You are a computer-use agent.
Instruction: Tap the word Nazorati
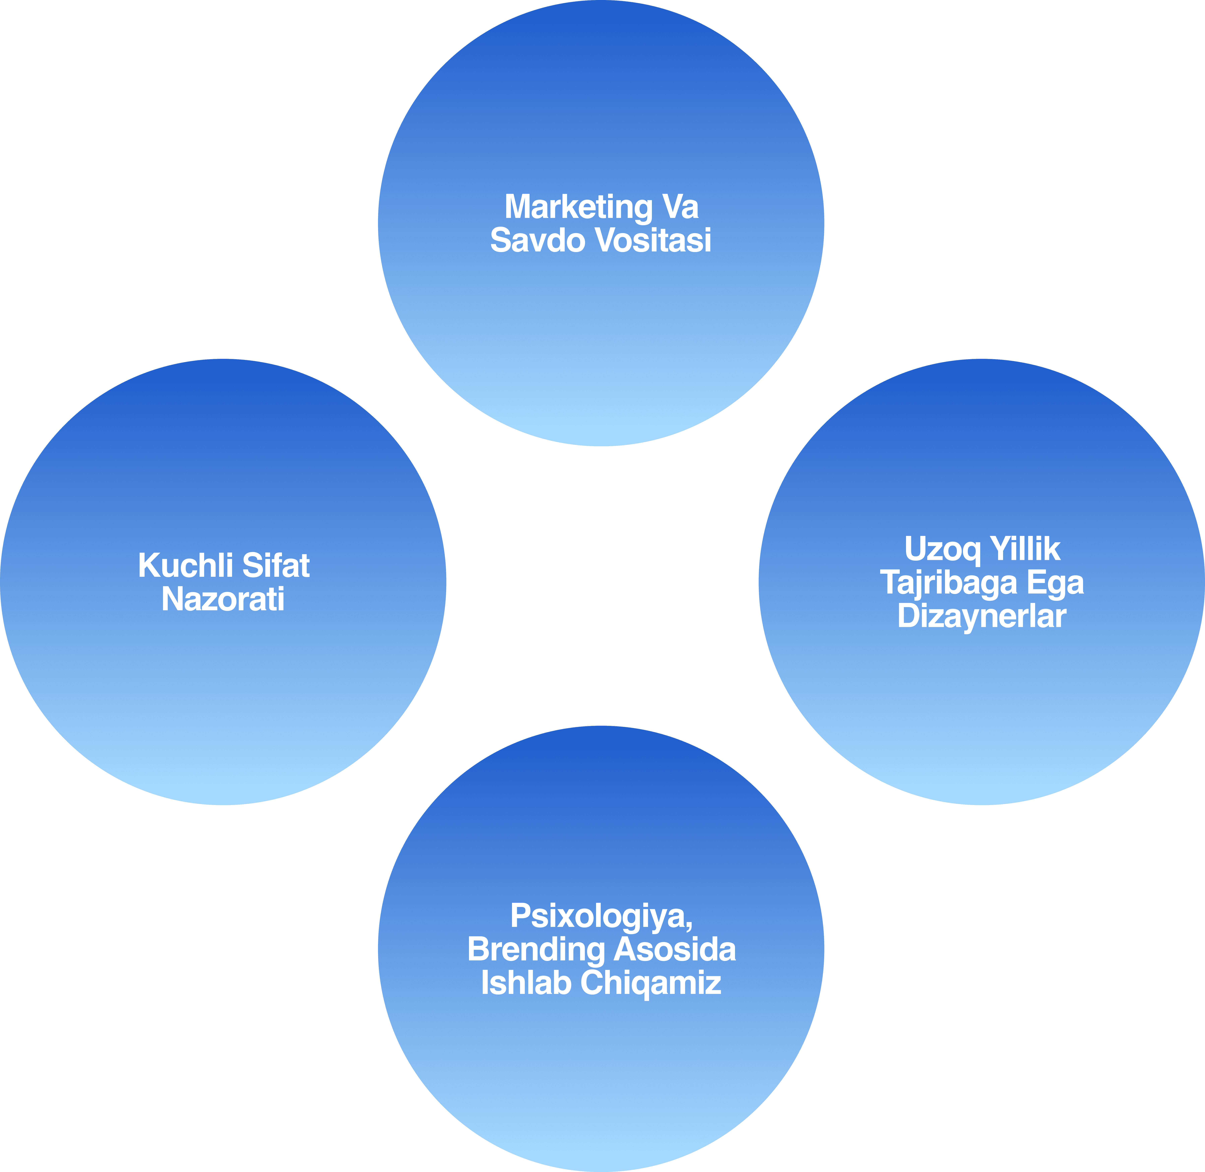pos(223,599)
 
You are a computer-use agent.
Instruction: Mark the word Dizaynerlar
pos(981,615)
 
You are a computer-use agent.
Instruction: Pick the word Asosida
pos(675,950)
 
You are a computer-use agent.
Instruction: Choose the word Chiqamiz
pos(651,983)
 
